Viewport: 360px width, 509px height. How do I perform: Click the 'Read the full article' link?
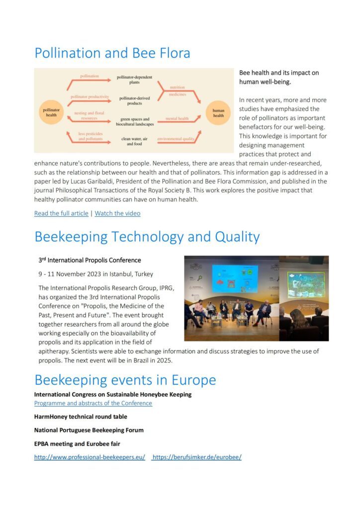61,213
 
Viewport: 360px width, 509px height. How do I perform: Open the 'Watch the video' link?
117,213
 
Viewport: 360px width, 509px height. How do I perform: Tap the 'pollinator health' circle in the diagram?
52,112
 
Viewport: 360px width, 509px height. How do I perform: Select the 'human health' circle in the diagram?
218,113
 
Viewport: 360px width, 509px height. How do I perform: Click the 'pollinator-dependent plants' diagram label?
134,80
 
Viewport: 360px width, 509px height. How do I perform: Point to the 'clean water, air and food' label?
134,141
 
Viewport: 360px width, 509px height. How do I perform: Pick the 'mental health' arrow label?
177,119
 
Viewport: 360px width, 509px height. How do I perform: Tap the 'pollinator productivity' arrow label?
90,96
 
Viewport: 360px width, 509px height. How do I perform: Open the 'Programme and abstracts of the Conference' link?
93,403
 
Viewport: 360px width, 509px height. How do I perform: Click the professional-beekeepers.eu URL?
90,457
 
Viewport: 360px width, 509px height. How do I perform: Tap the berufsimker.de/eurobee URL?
197,457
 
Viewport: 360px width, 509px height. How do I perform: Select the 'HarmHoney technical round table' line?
81,417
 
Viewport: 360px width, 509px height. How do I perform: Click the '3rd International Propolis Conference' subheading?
90,260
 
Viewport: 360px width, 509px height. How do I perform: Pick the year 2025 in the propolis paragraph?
164,360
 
